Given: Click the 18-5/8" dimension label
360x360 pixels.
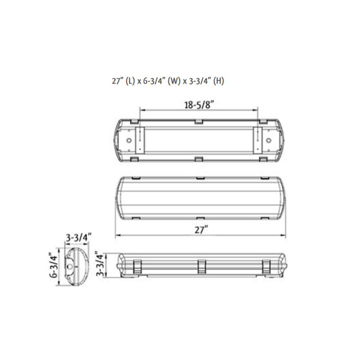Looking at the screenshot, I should pos(198,105).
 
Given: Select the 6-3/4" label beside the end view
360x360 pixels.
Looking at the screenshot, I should pos(54,266).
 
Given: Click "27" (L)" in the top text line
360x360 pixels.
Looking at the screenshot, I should pos(123,81).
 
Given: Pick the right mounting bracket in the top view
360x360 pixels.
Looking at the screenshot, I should pos(257,140).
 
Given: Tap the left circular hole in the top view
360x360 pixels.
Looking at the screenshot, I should pos(129,140).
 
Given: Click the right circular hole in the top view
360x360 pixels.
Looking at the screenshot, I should pos(268,140).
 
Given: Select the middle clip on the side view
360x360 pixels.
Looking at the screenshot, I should pos(201,265).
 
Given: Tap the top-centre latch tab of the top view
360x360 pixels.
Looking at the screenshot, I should pos(198,121).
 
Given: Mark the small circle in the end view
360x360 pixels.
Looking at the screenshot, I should pos(70,266).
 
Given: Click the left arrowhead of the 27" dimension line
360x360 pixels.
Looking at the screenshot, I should pos(117,235).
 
